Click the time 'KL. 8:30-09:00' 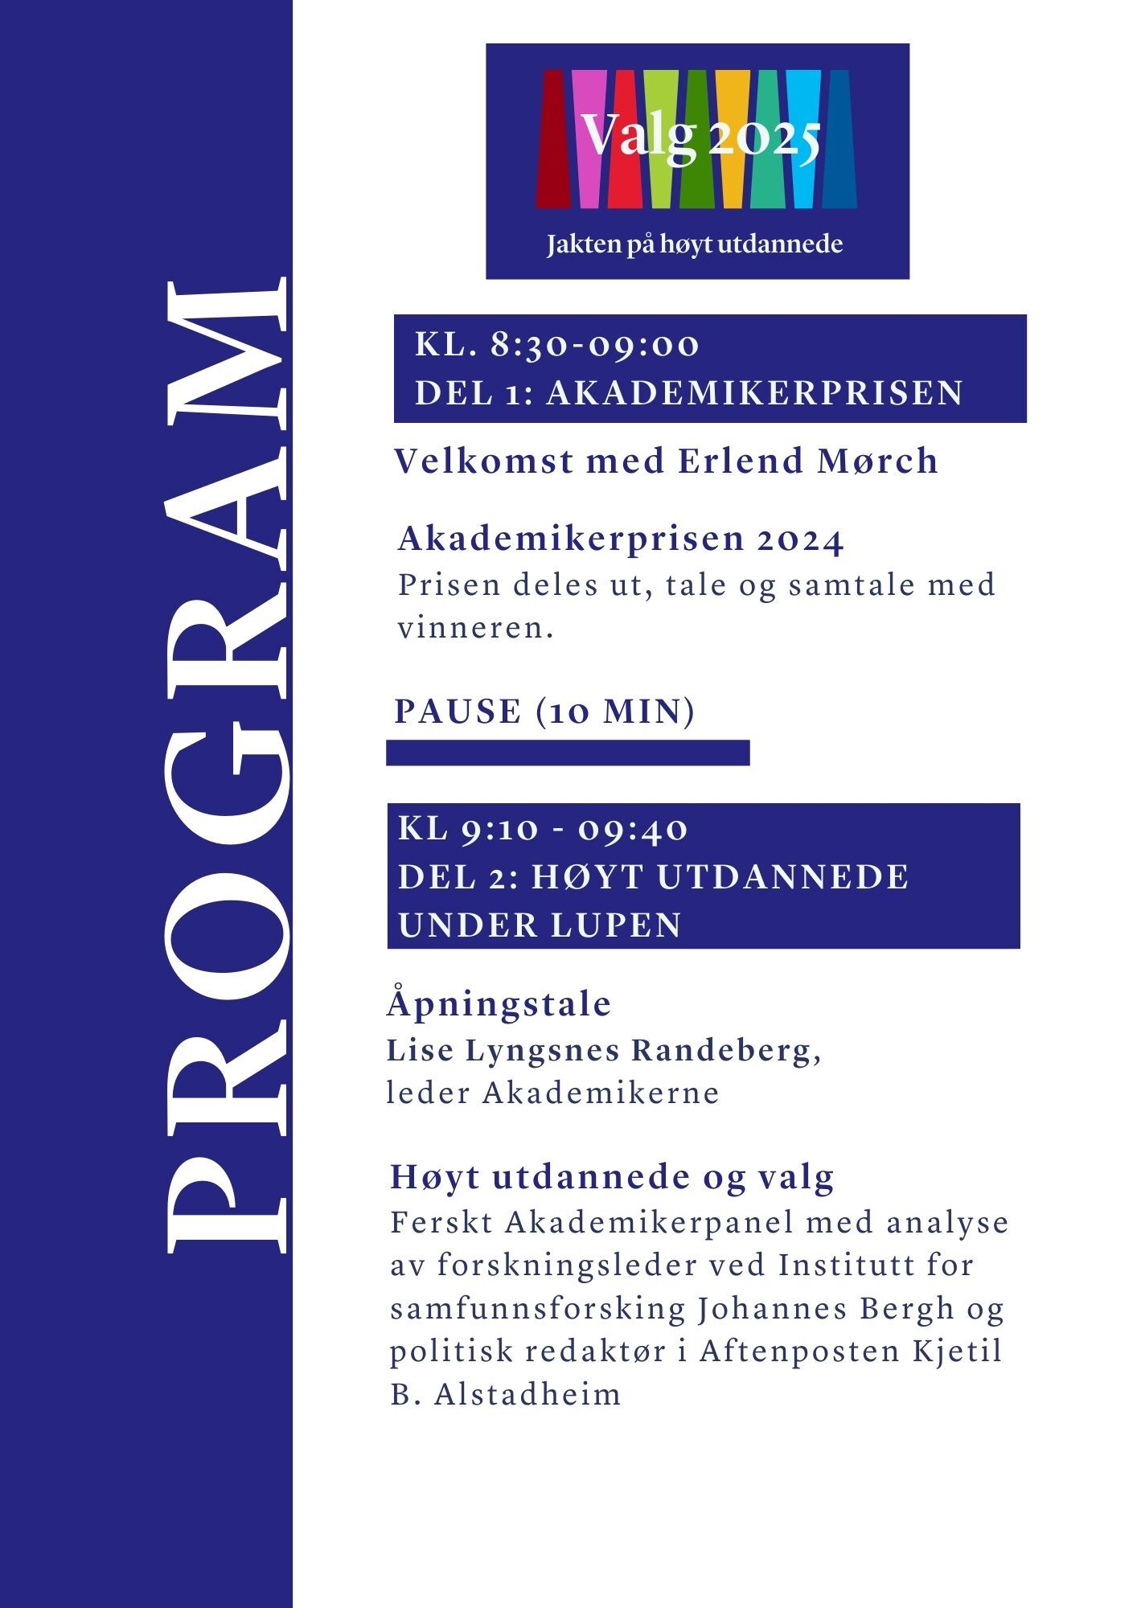(556, 345)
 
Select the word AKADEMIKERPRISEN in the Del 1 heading (754, 393)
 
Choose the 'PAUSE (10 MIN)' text (544, 712)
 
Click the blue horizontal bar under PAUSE (568, 753)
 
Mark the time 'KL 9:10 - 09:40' (544, 829)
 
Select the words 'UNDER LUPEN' (540, 925)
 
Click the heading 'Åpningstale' (499, 1004)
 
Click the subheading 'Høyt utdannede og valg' (612, 1177)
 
